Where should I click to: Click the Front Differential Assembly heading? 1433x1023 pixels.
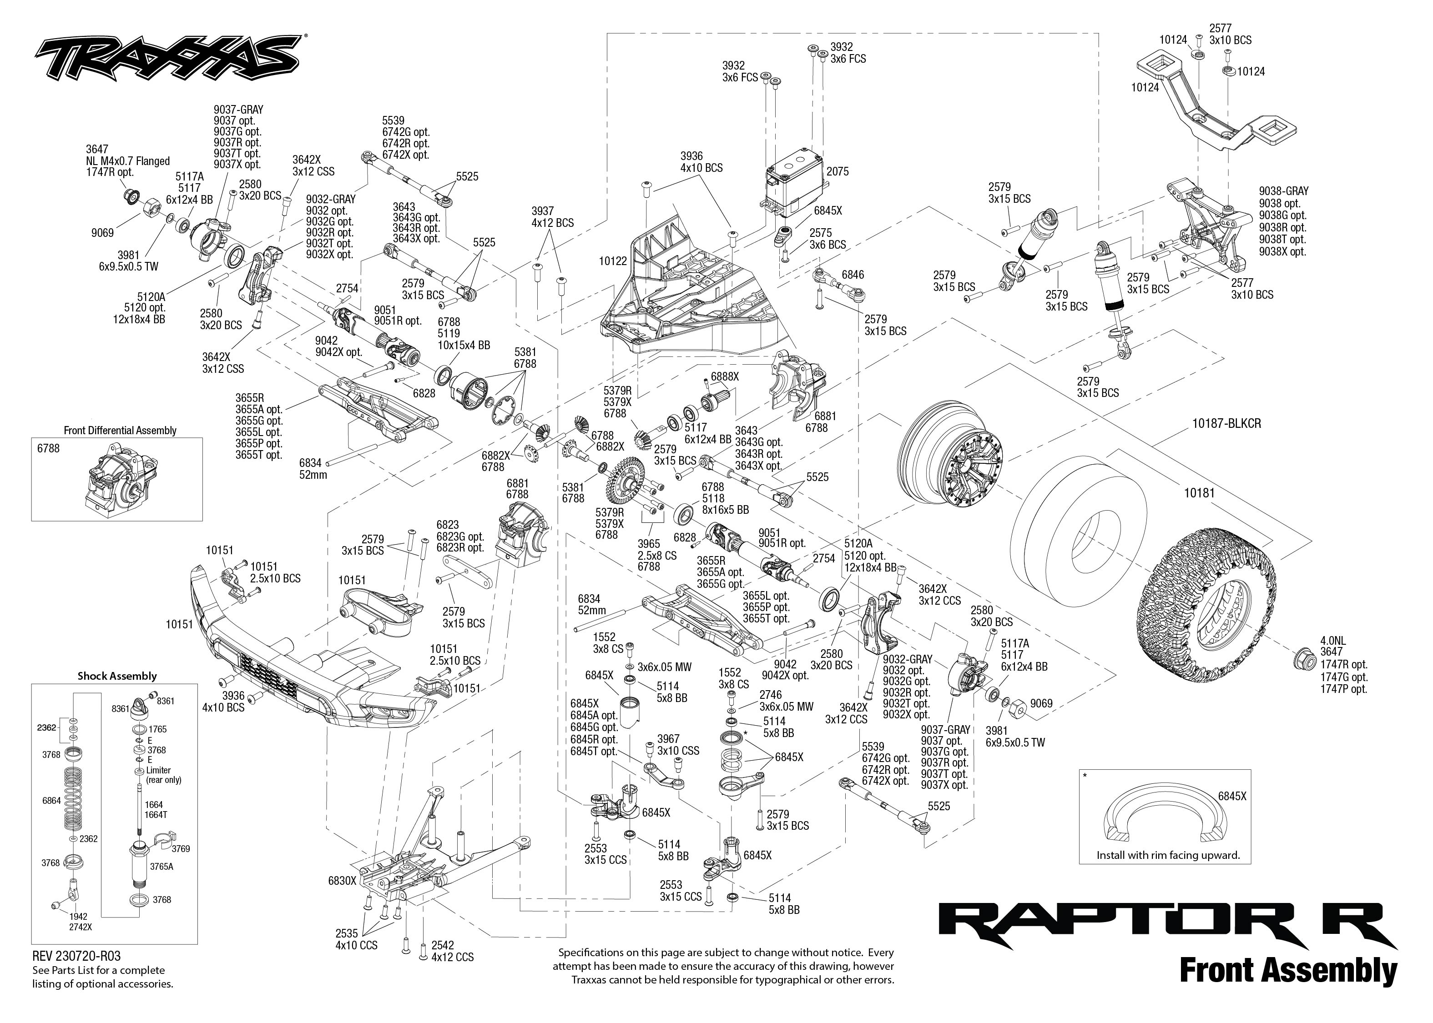tap(120, 430)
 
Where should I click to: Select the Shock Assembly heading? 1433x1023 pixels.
tap(116, 676)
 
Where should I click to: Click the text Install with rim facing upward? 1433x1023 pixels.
tap(1168, 855)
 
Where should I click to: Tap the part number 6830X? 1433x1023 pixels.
tap(342, 881)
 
